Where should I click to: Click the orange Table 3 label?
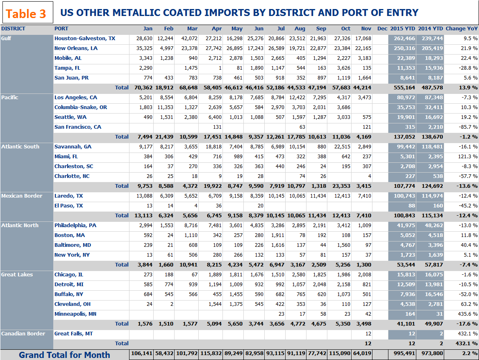[x=27, y=13]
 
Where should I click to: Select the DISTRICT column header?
[x=13, y=29]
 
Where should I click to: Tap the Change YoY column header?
[x=461, y=29]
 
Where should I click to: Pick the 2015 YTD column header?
[x=402, y=29]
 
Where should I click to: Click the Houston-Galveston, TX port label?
[x=85, y=39]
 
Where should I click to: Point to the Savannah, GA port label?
[x=73, y=147]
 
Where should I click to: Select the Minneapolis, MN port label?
[x=76, y=314]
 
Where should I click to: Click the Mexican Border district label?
[x=22, y=196]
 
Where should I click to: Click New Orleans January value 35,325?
[x=144, y=48]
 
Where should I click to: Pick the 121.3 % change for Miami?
[x=467, y=157]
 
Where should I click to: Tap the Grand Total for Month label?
[x=64, y=355]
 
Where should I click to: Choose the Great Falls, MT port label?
[x=74, y=334]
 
